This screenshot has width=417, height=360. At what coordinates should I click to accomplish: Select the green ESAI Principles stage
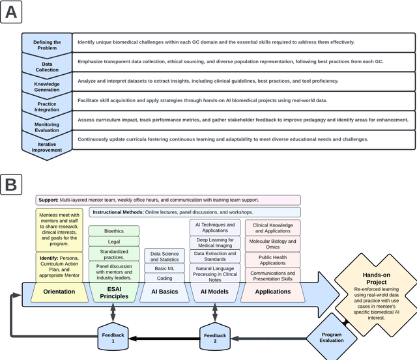pos(114,292)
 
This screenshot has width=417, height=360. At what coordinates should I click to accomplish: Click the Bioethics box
pos(114,230)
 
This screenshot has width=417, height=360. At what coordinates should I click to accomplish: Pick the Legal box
pos(114,242)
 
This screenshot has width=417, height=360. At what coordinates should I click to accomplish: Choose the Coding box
pos(165,278)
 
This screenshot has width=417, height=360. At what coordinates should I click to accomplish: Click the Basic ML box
pos(165,268)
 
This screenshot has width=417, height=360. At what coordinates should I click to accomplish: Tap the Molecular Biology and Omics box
pos(273,245)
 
